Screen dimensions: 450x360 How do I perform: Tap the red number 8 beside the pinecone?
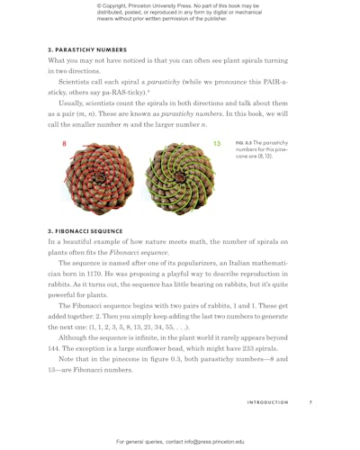click(64, 144)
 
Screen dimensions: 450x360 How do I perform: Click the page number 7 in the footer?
click(310, 402)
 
